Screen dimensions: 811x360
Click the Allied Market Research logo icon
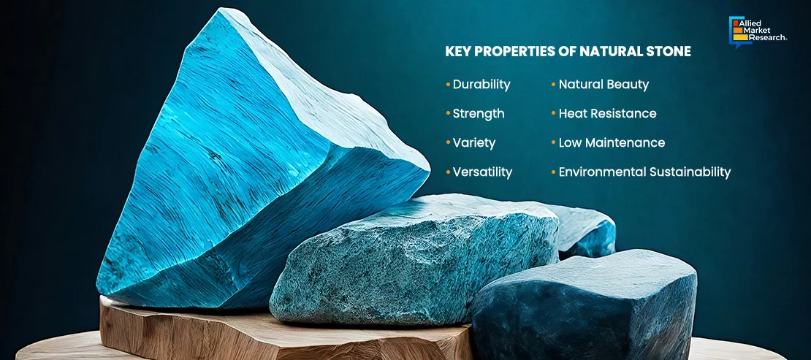[x=740, y=32]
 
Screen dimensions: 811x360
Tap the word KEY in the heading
[x=456, y=52]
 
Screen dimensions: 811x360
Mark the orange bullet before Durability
[x=448, y=85]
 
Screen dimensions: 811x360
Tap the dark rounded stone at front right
[x=585, y=305]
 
